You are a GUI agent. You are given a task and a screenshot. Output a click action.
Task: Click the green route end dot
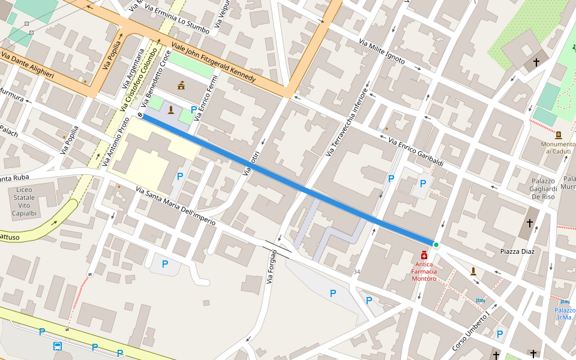tap(436, 245)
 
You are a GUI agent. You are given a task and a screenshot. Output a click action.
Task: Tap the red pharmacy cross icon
tap(424, 255)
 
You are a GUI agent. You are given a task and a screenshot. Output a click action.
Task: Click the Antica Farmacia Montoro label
tap(424, 271)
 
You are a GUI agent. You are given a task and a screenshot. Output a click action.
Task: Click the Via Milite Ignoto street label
tap(382, 52)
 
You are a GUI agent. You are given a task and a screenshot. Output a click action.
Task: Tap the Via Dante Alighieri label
tap(28, 66)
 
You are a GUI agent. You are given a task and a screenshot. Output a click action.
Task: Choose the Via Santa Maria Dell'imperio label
tap(175, 206)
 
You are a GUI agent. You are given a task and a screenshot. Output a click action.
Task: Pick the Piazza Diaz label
tap(517, 251)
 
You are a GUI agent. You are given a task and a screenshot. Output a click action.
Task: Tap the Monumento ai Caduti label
tap(558, 148)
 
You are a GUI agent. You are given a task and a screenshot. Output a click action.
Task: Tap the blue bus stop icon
tap(58, 346)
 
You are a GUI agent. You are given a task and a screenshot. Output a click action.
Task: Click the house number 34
tap(357, 272)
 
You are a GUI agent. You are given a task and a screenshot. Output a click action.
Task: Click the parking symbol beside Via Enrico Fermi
tap(193, 109)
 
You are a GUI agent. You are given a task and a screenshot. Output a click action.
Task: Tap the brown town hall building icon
tap(181, 85)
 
